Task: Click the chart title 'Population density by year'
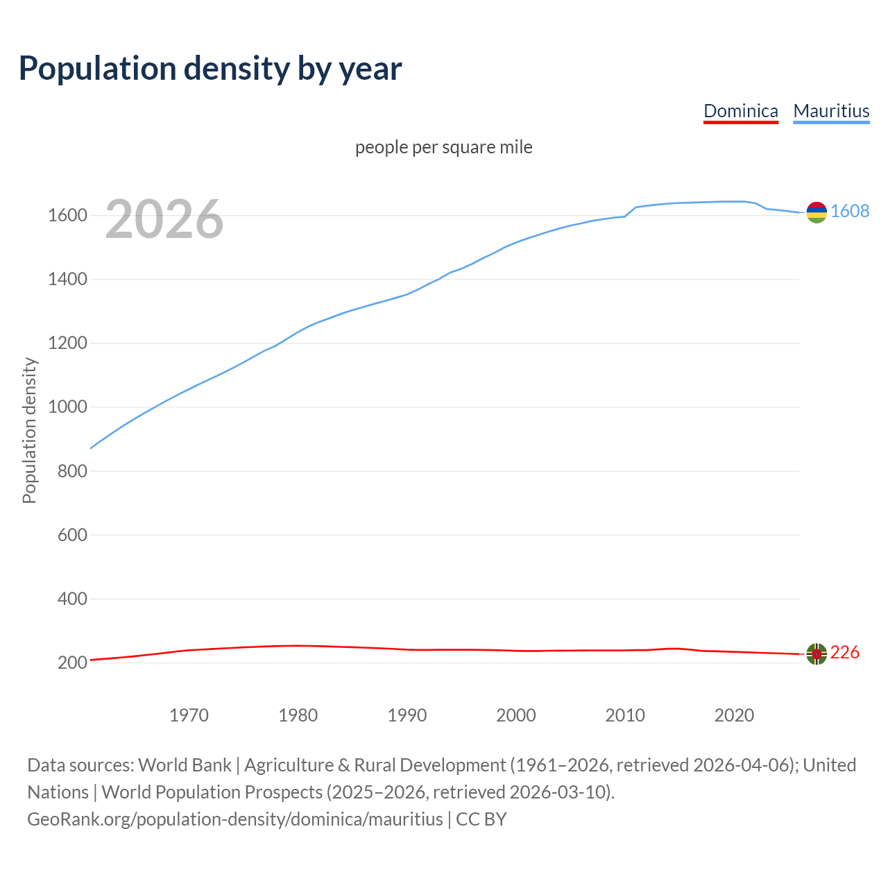(x=210, y=69)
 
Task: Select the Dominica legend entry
(x=740, y=111)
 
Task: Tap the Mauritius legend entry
(x=831, y=111)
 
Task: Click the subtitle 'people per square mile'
(x=443, y=148)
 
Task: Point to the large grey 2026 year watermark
(x=164, y=219)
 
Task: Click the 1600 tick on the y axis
(x=67, y=216)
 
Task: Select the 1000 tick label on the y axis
(x=67, y=407)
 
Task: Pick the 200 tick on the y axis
(x=72, y=663)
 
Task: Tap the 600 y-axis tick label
(x=72, y=535)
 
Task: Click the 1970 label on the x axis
(x=189, y=715)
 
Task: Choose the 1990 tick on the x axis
(x=407, y=715)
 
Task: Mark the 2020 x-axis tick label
(x=734, y=715)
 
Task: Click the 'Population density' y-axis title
(x=29, y=430)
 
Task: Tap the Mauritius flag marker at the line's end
(x=817, y=212)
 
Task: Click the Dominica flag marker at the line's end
(x=817, y=654)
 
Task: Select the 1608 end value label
(x=850, y=212)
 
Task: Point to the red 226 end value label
(x=845, y=653)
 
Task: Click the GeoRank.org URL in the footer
(x=234, y=819)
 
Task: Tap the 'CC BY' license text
(x=481, y=819)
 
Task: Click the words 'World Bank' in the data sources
(x=185, y=765)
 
